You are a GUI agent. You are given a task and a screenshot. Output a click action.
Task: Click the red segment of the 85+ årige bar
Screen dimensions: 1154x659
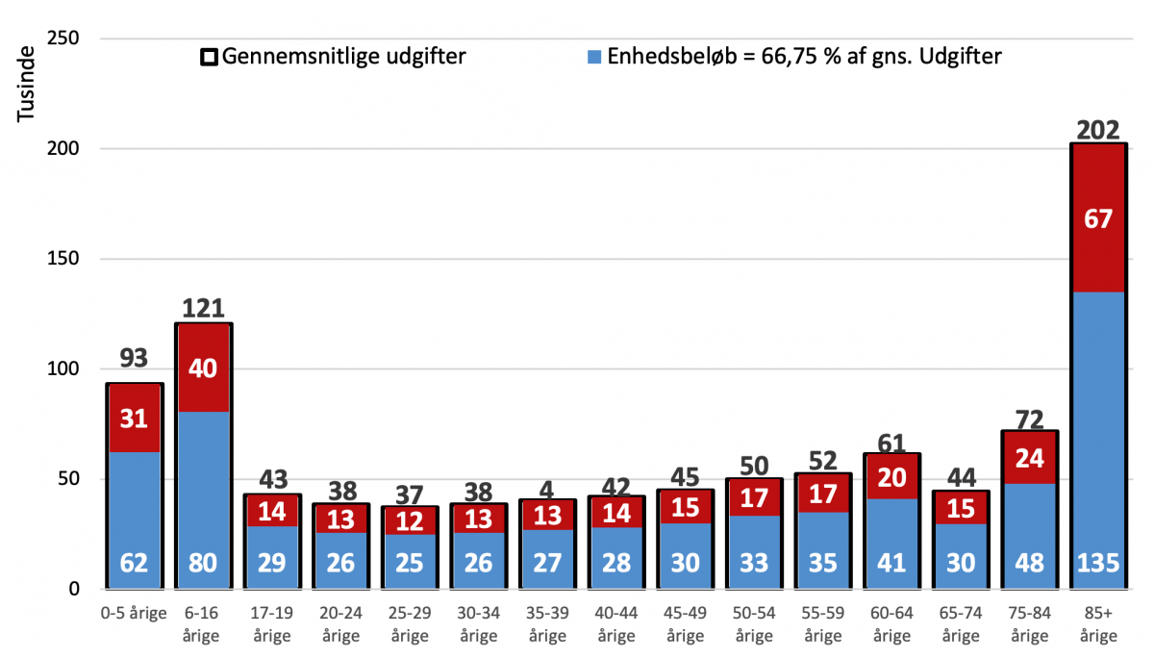coord(1098,218)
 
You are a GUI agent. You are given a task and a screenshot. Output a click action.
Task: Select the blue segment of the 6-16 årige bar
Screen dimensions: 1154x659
coord(203,499)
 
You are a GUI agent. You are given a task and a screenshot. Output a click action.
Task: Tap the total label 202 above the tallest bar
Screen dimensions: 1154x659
coord(1098,130)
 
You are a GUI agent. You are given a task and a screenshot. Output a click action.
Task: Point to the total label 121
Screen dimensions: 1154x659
coord(203,309)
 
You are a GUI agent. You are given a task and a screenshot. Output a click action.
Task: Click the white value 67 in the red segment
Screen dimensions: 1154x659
coord(1098,219)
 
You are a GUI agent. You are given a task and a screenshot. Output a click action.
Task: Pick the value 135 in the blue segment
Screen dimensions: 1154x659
coord(1098,563)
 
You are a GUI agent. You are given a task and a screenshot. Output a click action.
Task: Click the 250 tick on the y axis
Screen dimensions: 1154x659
coord(63,38)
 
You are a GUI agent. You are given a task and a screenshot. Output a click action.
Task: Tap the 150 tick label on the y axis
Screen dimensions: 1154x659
coord(63,258)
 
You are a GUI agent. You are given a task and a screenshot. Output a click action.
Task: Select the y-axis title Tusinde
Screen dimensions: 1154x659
coord(26,84)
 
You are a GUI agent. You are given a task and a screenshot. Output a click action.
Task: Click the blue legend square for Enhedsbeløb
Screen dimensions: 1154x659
coord(594,57)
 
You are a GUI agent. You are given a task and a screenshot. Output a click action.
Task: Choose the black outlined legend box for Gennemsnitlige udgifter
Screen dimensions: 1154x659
coord(210,57)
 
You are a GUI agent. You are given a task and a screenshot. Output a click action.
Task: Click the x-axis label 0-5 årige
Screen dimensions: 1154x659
coord(134,613)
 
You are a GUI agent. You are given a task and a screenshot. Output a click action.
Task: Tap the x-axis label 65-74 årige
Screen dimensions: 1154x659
coord(961,624)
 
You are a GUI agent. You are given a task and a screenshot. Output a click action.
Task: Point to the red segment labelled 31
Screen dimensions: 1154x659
coord(135,418)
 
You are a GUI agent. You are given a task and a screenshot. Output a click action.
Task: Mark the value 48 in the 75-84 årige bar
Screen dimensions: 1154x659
coord(1029,563)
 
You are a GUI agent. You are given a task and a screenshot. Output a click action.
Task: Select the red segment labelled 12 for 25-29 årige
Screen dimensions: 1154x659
coord(410,520)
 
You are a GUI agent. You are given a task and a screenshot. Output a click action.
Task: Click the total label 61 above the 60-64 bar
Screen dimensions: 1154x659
coord(891,444)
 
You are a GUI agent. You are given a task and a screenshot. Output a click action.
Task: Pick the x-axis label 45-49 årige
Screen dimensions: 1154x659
coord(685,624)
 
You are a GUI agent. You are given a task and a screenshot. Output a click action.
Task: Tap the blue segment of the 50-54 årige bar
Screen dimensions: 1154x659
coord(754,551)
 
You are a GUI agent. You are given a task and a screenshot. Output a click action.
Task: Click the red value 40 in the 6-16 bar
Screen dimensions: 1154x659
coord(203,368)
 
